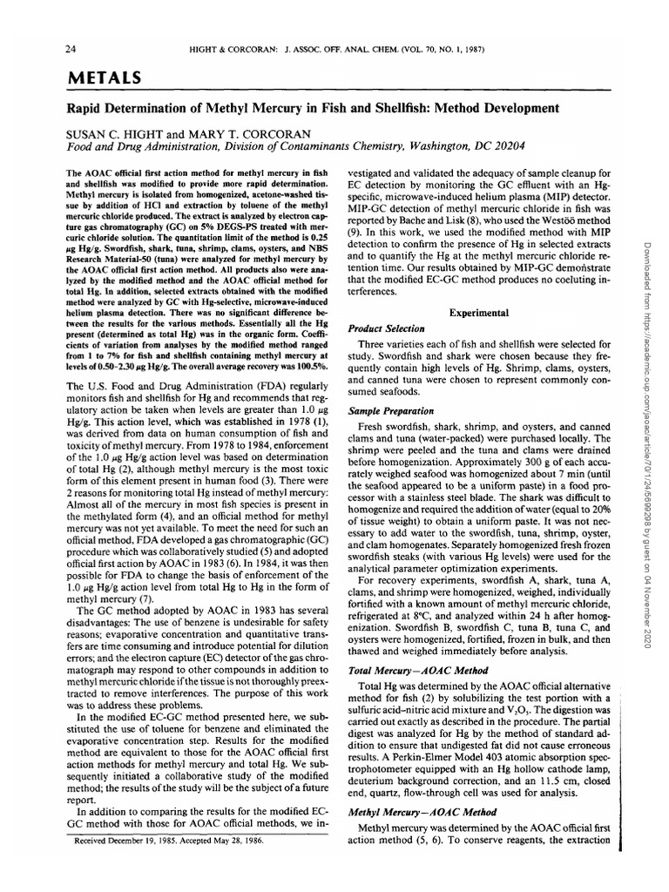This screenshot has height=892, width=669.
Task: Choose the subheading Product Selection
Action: [386, 328]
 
